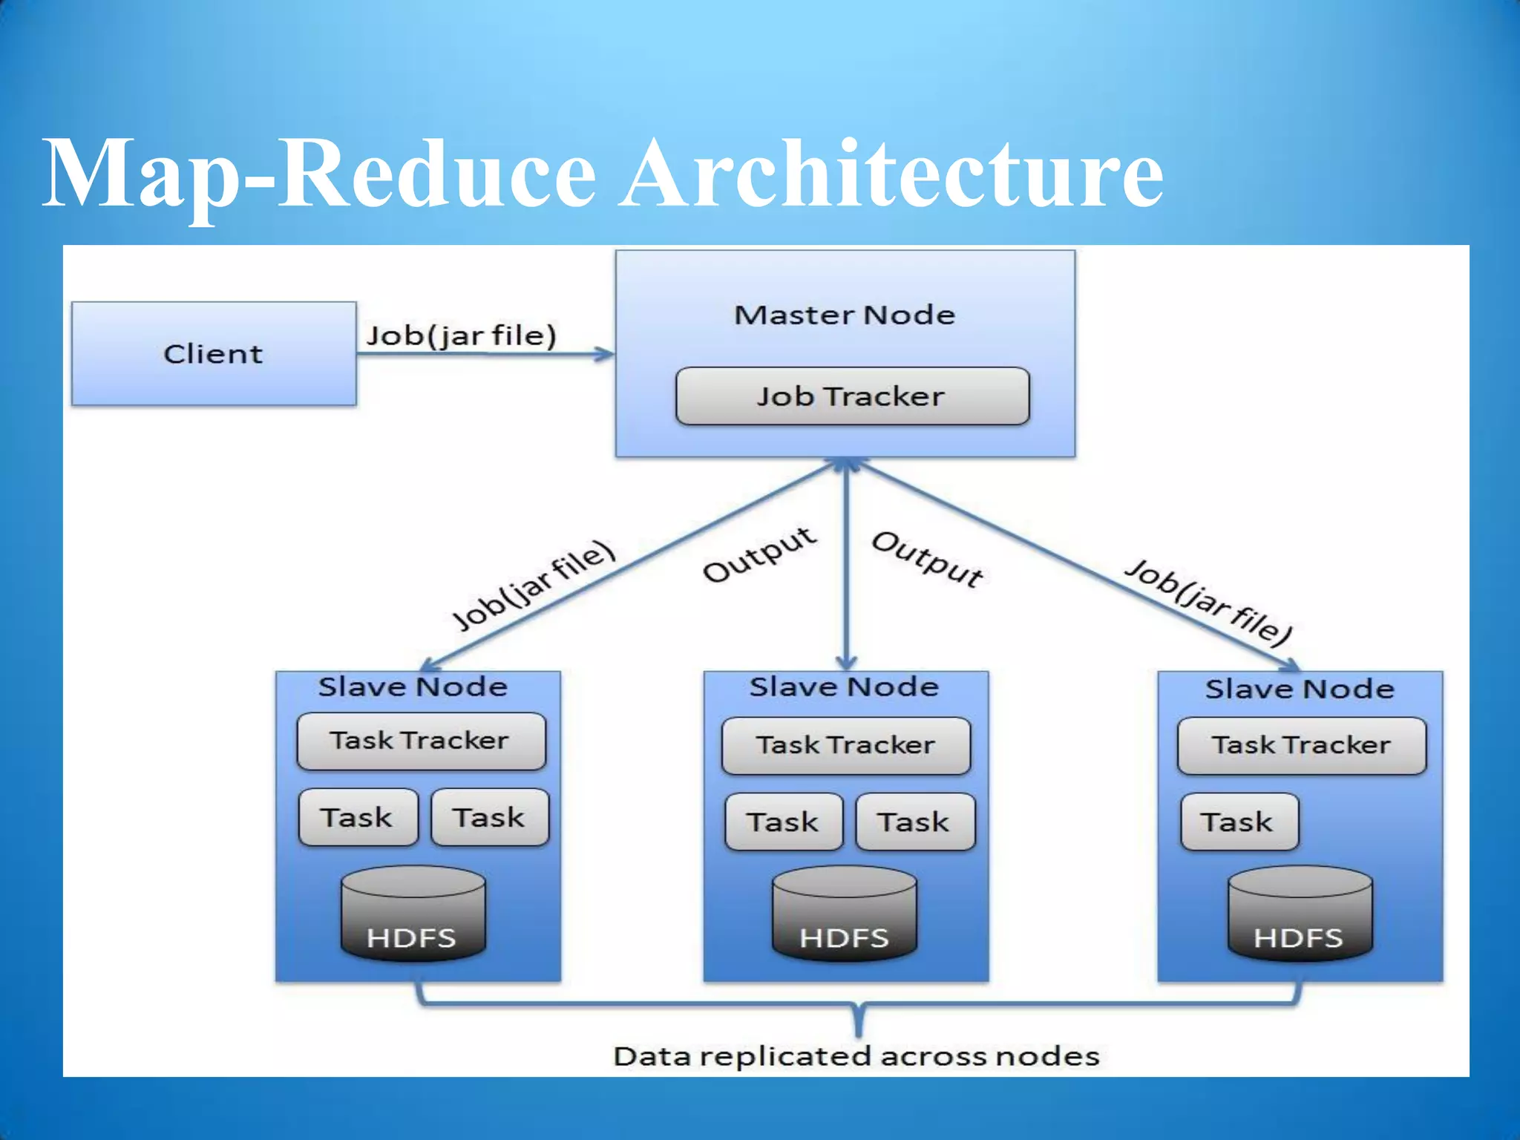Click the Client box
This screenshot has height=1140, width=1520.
[214, 353]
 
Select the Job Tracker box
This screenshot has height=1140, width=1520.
[852, 396]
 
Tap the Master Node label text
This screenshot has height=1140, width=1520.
[845, 315]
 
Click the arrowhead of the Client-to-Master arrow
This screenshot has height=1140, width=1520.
[606, 354]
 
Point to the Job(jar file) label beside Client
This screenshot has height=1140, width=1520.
[461, 335]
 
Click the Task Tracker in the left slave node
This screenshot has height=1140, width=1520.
[421, 741]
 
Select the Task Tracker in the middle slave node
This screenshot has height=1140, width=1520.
[845, 745]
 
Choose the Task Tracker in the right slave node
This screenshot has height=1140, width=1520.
[1301, 745]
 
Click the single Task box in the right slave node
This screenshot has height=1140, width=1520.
[1239, 822]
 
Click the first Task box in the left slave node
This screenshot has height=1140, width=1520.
[358, 817]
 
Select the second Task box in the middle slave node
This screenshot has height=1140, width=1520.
[914, 822]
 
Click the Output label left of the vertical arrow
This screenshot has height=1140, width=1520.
[760, 554]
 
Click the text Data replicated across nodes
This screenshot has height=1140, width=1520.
[856, 1055]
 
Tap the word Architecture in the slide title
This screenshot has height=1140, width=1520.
[891, 174]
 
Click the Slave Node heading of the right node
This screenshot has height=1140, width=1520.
[1300, 689]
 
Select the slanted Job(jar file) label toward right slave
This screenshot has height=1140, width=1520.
[1208, 602]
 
